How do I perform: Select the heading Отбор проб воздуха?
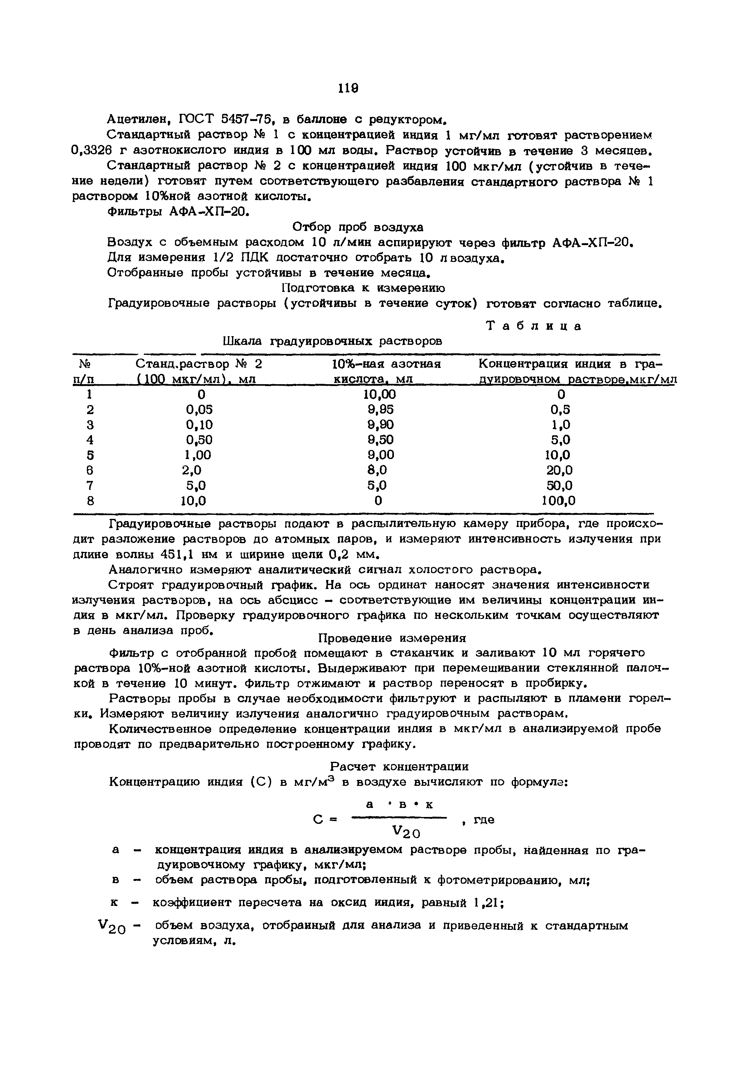coord(358,227)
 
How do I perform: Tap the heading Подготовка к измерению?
coord(363,288)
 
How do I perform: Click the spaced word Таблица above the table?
coord(534,326)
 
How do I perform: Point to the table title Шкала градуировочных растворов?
coord(332,341)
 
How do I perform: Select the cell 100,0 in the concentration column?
coord(559,501)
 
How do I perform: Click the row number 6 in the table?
coord(90,470)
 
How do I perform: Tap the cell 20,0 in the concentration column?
coord(559,470)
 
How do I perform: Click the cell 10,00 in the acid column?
coord(379,394)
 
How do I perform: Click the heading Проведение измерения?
coord(392,638)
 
